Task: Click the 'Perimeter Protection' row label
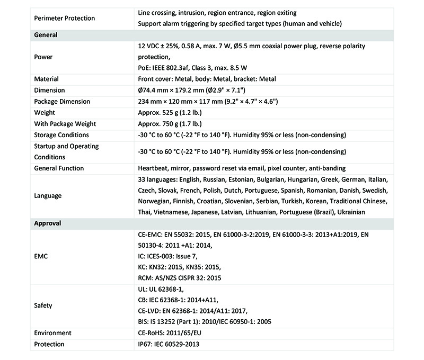pos(64,18)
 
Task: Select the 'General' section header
pos(46,35)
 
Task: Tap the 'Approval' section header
pos(48,223)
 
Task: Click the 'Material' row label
pos(46,79)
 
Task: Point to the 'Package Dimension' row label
pos(62,101)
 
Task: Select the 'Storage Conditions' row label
pos(61,134)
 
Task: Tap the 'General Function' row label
pos(59,168)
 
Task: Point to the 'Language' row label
pos(48,195)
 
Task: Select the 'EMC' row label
pos(41,256)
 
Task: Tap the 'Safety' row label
pos(43,305)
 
